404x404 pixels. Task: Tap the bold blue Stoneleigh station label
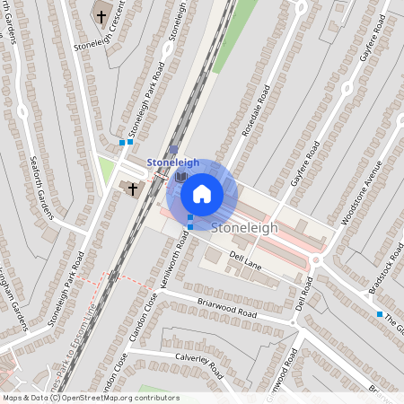tap(172, 162)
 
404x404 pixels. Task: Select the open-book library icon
tap(180, 178)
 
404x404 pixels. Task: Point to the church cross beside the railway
tap(134, 189)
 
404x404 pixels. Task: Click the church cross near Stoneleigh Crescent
tap(101, 16)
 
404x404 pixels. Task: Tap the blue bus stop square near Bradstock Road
tap(379, 314)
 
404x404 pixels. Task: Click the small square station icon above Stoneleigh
tap(173, 150)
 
